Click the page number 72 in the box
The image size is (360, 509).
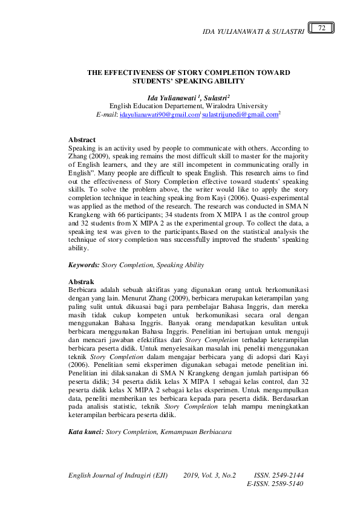click(x=322, y=28)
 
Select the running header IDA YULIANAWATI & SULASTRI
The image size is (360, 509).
click(x=252, y=31)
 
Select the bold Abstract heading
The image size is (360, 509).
click(x=82, y=140)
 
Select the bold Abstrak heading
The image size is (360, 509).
click(x=81, y=282)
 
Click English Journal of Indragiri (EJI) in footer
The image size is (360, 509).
click(x=118, y=475)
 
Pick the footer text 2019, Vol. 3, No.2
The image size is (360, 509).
click(x=209, y=475)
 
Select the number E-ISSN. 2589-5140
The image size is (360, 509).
click(x=275, y=484)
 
